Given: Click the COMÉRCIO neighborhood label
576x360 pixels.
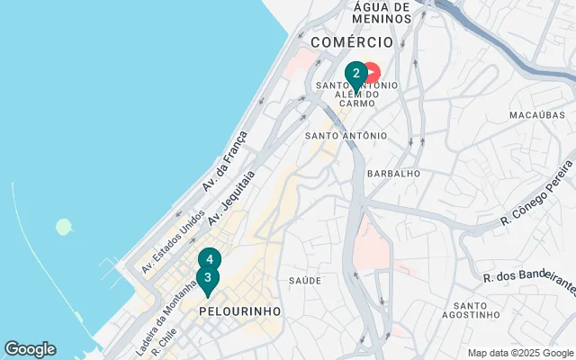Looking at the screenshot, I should [352, 42].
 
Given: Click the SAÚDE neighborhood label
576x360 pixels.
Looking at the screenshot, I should [305, 281].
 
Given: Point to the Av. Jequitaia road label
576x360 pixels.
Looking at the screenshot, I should [232, 198].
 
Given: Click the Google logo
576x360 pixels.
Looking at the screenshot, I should [30, 349].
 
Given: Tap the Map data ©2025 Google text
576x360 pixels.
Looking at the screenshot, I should [519, 353].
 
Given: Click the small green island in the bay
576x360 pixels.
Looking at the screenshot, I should [64, 226].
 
